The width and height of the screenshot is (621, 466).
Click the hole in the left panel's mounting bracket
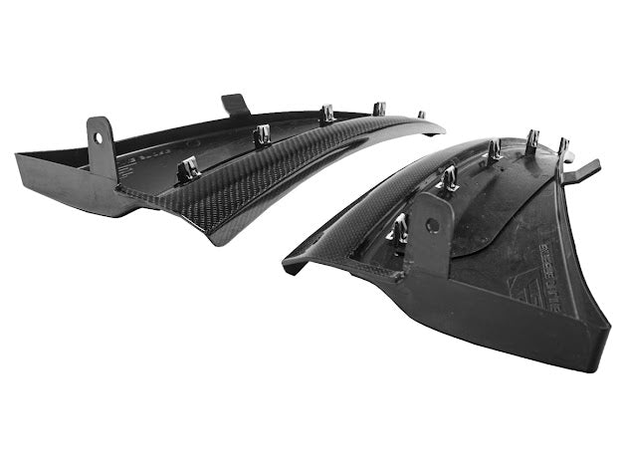coord(101,131)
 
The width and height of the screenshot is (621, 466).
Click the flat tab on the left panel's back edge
coord(236,104)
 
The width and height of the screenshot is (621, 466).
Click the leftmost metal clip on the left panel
coord(189,169)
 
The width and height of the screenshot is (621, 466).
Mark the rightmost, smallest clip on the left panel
coord(421,115)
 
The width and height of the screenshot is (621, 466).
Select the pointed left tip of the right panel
coord(288,266)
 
